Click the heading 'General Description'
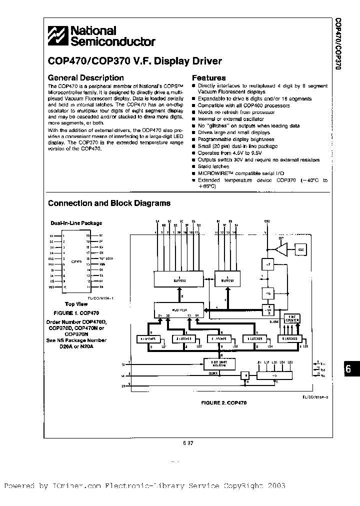[85, 78]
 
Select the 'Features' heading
[209, 78]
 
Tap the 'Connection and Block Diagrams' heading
[109, 203]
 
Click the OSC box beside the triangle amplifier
[301, 249]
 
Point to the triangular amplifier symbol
[281, 250]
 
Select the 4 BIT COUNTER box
[292, 318]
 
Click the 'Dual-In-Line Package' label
[76, 223]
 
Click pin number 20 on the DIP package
[88, 235]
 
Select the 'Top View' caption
[76, 303]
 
